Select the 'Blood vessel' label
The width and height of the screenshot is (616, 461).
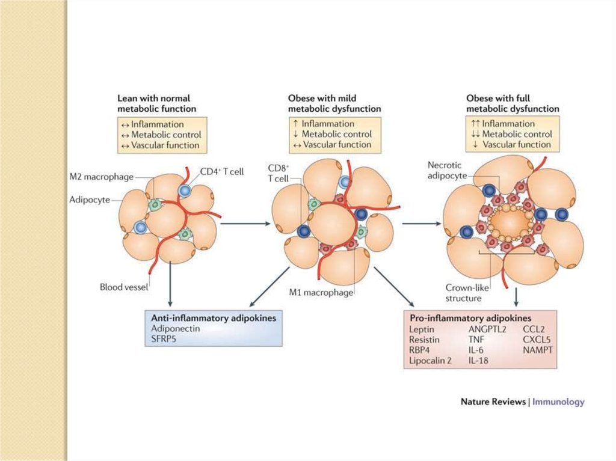123,287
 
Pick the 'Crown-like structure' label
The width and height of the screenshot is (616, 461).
463,292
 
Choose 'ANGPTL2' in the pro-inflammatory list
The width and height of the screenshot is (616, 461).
488,329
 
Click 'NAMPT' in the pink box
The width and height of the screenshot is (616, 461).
538,350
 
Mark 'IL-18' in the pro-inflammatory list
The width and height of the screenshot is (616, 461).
479,361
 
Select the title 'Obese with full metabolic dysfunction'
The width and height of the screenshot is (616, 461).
513,103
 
